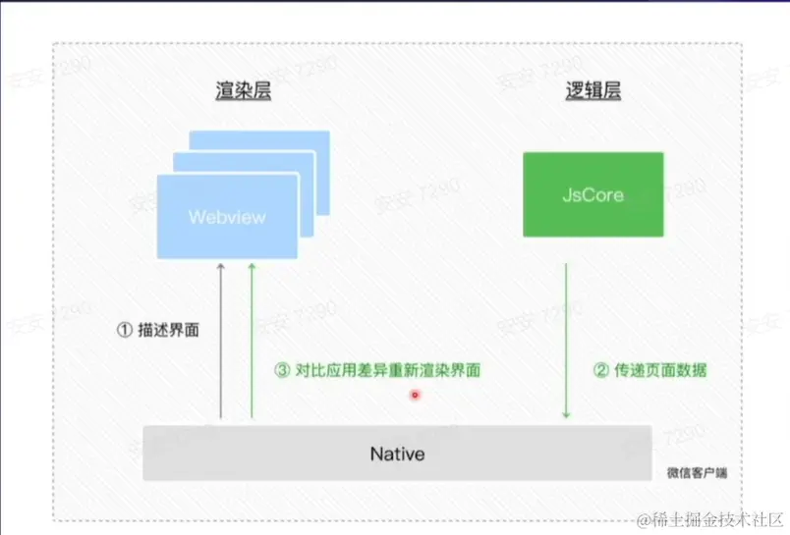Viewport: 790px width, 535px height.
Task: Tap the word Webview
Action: [227, 217]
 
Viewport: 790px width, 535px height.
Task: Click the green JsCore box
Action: [592, 193]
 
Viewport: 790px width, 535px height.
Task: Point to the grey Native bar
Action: [396, 454]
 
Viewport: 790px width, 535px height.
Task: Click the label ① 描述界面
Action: [157, 331]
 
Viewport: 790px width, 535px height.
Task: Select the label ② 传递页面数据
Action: [649, 371]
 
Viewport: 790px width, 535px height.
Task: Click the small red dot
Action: [415, 395]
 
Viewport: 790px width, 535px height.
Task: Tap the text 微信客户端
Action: [697, 473]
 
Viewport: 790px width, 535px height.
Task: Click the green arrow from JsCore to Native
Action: [567, 340]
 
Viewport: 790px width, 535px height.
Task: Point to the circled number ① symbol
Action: [125, 331]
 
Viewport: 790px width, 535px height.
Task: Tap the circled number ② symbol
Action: [601, 371]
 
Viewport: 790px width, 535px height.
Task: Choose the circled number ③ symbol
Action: [282, 371]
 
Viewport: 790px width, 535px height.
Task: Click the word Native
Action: [396, 454]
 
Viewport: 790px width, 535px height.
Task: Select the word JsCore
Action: [592, 193]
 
